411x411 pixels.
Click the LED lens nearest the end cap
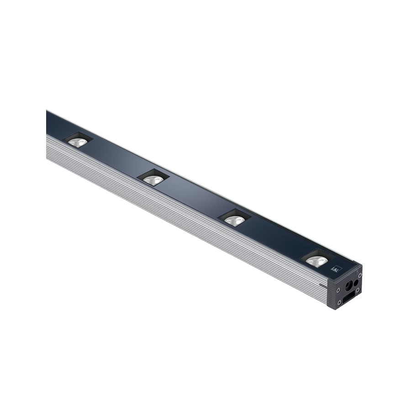tap(316, 261)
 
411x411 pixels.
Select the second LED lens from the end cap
tap(235, 221)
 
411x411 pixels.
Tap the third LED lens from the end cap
tap(153, 180)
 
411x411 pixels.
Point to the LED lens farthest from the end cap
tap(78, 142)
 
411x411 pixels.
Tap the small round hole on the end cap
tap(356, 282)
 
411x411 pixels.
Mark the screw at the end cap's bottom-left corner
tap(339, 302)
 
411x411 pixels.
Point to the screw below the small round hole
tap(358, 290)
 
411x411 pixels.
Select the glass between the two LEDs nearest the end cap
tap(276, 239)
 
